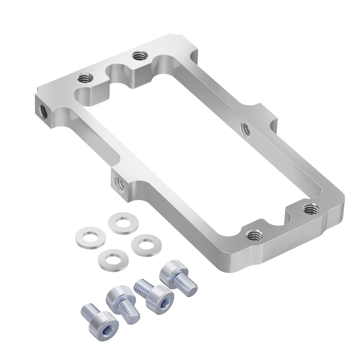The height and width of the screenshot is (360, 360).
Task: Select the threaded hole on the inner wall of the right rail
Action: [245, 129]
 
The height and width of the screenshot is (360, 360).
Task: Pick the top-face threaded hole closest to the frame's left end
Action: [85, 77]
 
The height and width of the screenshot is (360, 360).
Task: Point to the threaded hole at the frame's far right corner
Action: [311, 208]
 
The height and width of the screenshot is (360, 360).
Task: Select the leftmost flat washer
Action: [90, 238]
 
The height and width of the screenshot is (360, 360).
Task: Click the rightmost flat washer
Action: [146, 245]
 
